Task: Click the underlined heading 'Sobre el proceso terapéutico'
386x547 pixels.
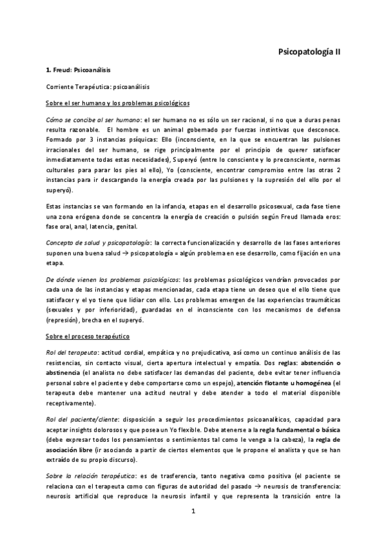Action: (88, 336)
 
